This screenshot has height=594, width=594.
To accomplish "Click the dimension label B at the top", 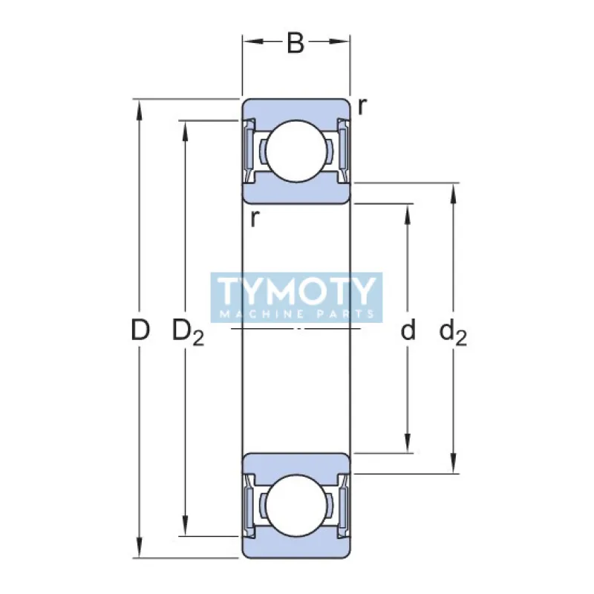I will point(296,44).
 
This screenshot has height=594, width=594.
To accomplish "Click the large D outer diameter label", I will point(140,330).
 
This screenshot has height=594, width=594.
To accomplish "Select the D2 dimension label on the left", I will point(187,331).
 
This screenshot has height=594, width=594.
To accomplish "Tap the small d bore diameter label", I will point(408,330).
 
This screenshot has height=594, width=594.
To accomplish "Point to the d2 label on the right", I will point(453,331).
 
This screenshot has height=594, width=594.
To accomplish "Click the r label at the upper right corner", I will point(361,107).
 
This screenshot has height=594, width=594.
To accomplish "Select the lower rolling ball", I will point(296,506).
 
